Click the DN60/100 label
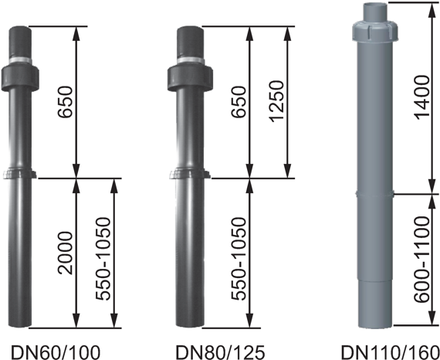tap(55, 352)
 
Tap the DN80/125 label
tap(220, 352)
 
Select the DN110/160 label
tap(390, 352)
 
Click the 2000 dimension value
tap(66, 253)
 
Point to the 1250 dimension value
tap(276, 101)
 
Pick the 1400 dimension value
tap(422, 97)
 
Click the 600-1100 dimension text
tap(422, 260)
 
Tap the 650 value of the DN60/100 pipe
tap(66, 102)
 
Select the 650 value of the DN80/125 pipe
tap(239, 102)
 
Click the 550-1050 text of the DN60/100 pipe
tap(103, 259)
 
